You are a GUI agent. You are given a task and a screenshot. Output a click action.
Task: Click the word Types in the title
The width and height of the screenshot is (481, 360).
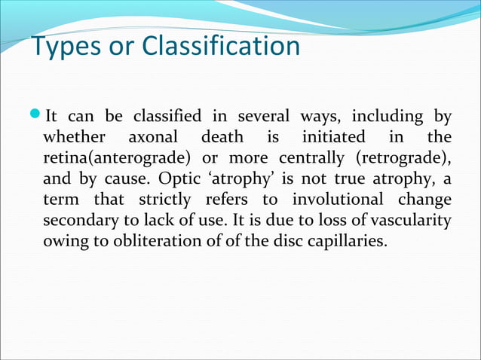[x=66, y=47]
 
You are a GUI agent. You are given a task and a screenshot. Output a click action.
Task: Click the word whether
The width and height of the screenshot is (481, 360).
[x=73, y=138]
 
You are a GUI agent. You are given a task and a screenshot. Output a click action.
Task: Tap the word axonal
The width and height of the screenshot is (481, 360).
[x=152, y=138]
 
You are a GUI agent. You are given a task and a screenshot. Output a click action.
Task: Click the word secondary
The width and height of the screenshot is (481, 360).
[x=76, y=222]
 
